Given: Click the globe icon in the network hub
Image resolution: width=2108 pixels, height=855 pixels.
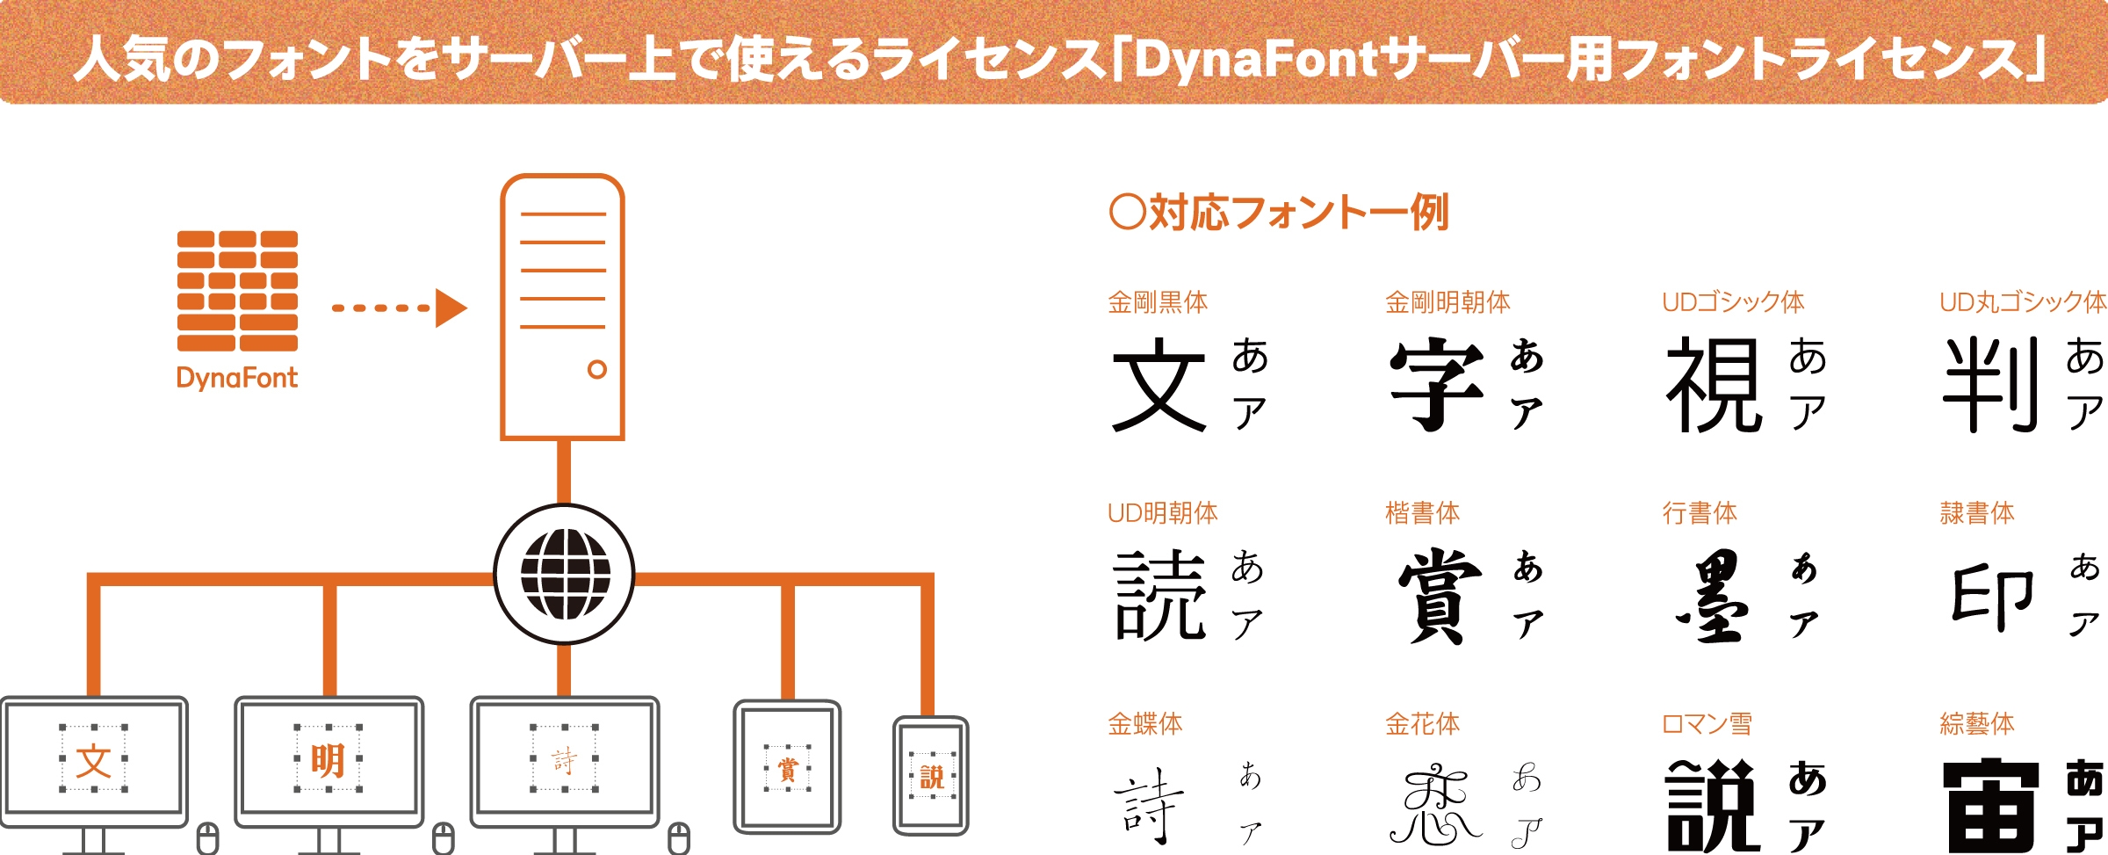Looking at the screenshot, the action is coord(566,574).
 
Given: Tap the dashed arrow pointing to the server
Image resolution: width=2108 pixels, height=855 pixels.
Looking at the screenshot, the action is coord(400,308).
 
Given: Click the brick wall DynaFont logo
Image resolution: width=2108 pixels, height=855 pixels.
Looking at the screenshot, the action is coord(237,291).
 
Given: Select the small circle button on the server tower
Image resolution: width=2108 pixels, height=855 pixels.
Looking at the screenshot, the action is coord(597,369).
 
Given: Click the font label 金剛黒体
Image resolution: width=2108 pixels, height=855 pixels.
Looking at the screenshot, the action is coord(1158,302).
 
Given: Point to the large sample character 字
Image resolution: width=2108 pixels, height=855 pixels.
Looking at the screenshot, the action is coord(1437,384).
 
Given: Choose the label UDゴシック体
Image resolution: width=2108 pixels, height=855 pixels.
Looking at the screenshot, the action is coord(1733,302).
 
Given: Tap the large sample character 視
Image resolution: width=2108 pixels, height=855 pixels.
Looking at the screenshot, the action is coord(1715,384).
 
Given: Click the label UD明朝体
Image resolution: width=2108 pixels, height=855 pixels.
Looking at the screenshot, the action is coord(1162,512).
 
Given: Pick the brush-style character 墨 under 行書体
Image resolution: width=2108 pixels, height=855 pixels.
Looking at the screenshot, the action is coord(1713,596).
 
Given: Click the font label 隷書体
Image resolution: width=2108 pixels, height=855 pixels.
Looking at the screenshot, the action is coord(1977,512).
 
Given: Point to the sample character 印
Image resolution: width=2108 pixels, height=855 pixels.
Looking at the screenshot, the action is coord(1992,598).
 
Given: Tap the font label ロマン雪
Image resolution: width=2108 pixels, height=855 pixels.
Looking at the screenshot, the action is coord(1707,724).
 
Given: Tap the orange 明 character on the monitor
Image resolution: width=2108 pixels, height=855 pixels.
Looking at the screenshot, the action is coord(328,760).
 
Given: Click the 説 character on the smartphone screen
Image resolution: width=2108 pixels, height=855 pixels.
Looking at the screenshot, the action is coord(932,777).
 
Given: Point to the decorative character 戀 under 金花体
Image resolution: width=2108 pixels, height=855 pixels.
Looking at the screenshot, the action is coord(1435,804).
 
